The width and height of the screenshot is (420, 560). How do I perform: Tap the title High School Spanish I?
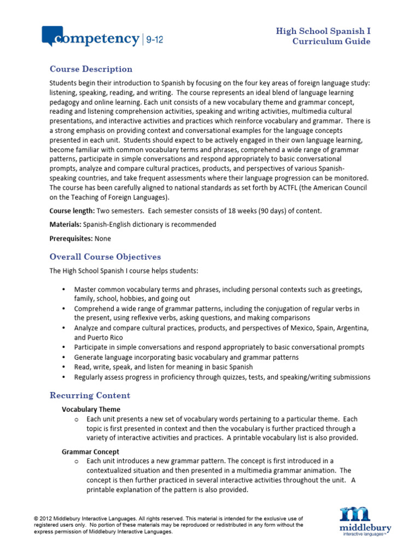click(323, 31)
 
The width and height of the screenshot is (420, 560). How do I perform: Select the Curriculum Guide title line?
click(331, 42)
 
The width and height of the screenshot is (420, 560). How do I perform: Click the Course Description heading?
click(91, 69)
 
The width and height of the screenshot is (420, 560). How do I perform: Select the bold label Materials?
click(66, 224)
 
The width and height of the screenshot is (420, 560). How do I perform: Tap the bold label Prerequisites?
click(71, 238)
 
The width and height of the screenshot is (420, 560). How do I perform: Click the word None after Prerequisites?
click(103, 238)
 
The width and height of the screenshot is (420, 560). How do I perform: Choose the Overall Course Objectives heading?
click(105, 256)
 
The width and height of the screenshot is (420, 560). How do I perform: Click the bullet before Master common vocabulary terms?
click(64, 289)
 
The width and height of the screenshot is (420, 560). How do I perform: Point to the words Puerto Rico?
click(107, 337)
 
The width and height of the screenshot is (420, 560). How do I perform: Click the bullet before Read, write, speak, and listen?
click(64, 367)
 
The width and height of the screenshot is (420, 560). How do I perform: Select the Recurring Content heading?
click(90, 395)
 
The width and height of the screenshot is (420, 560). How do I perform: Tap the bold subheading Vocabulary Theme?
click(91, 409)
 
